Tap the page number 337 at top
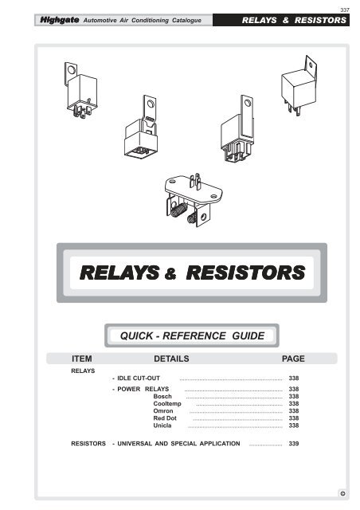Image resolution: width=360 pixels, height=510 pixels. pyautogui.click(x=345, y=9)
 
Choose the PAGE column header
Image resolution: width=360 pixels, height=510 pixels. pyautogui.click(x=294, y=359)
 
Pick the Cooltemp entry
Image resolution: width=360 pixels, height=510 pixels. pyautogui.click(x=167, y=404)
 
